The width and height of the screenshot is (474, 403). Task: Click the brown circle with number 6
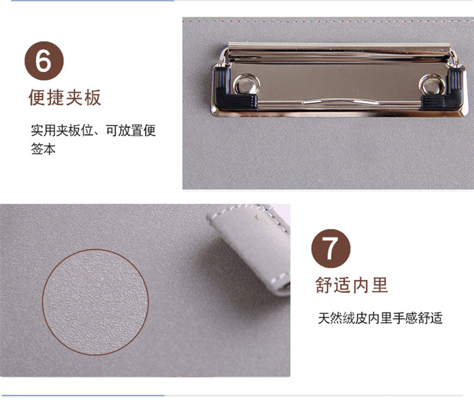tap(44, 61)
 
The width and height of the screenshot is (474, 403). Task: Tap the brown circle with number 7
tap(331, 249)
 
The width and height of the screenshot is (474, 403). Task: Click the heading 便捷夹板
tap(65, 97)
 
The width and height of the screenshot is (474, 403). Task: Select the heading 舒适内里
tap(351, 285)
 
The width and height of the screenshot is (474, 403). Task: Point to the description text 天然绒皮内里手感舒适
tap(380, 318)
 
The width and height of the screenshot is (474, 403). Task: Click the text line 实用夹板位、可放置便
tap(93, 130)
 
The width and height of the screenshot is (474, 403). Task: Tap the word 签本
tap(43, 149)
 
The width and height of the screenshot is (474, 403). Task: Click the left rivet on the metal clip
tap(246, 84)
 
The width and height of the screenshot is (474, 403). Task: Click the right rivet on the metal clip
tap(432, 84)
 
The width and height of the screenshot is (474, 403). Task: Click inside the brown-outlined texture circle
tap(95, 302)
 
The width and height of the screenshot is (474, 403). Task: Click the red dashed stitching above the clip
tap(328, 22)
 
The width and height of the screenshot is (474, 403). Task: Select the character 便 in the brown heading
tap(37, 97)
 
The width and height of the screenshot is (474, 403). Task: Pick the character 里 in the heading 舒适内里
tap(380, 285)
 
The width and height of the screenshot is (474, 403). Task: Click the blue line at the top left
tap(92, 1)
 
